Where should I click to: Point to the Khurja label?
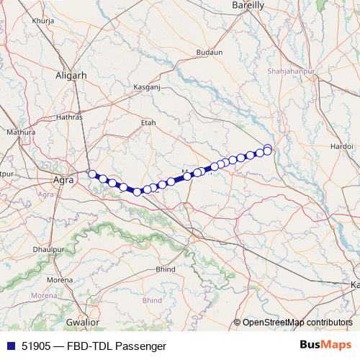(33, 21)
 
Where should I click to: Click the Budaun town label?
(209, 53)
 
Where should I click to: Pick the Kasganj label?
(146, 87)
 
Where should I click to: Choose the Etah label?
(148, 123)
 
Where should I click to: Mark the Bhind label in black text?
(166, 269)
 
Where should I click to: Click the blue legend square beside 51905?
(9, 345)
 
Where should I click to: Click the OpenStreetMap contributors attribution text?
(297, 322)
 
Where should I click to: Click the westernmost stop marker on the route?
(91, 174)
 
